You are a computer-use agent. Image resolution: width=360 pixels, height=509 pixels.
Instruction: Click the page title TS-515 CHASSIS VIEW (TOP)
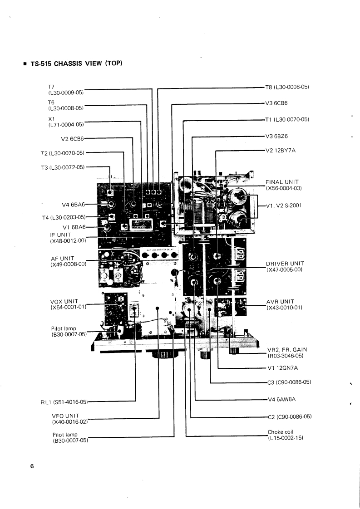[75, 64]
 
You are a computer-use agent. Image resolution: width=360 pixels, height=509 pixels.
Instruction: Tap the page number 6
[32, 466]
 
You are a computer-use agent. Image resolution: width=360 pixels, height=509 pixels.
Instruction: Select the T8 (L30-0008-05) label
[287, 87]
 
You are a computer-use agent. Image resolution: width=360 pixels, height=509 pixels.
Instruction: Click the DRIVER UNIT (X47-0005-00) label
[285, 266]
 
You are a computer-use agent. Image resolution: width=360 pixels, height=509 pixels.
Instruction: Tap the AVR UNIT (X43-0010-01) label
[285, 304]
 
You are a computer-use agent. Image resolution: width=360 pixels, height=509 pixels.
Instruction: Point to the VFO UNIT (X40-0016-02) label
[69, 418]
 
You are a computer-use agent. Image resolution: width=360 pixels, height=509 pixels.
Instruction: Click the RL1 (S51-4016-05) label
[64, 401]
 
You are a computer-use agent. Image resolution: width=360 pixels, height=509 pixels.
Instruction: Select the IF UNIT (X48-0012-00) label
[68, 237]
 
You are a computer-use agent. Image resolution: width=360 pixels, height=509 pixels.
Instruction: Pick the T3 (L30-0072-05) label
[63, 167]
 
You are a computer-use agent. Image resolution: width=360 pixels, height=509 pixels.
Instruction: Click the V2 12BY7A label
[281, 150]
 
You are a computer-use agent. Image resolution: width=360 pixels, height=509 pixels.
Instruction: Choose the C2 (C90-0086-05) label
[289, 416]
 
